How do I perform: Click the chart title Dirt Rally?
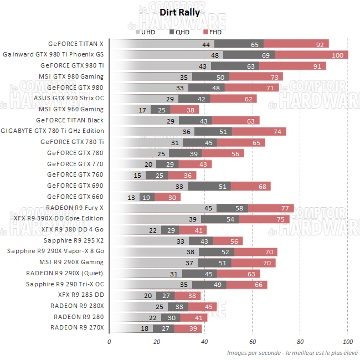coord(179,12)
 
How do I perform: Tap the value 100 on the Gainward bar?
coord(337,55)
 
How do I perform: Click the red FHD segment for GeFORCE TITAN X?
coord(296,44)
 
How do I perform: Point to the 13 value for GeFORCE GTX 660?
coord(131,197)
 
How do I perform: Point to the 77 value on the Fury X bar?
coord(285,208)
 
